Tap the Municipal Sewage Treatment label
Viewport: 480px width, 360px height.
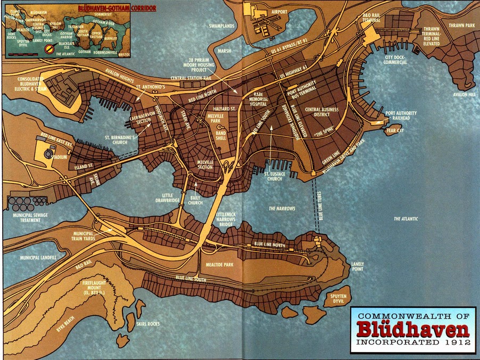26,218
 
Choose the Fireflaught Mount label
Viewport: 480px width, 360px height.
99,288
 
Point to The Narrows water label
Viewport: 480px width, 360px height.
282,208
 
